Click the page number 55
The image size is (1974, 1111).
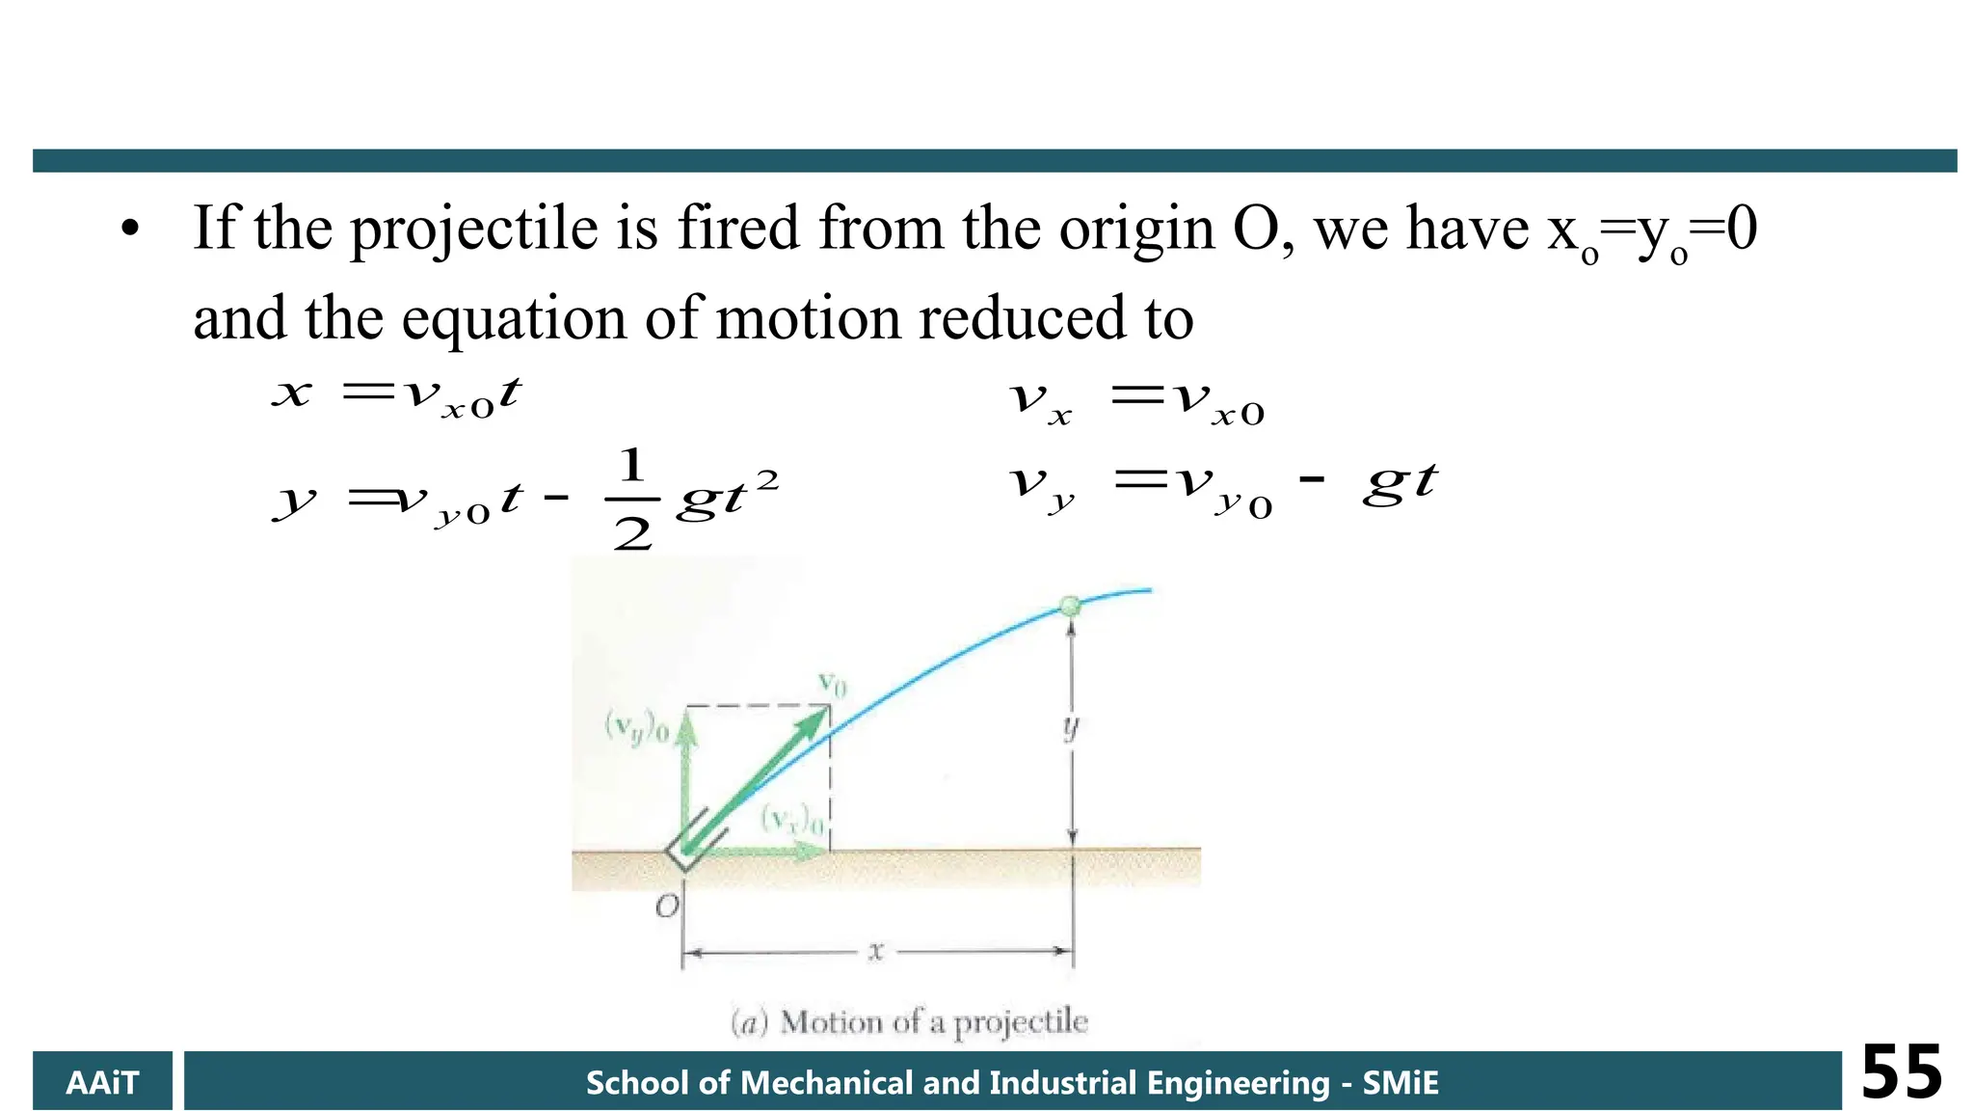pos(1901,1072)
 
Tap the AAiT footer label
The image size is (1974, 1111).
pos(102,1082)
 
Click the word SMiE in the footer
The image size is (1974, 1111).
pos(1400,1083)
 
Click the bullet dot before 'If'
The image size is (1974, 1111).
pos(130,230)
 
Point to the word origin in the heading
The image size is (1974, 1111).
pos(1136,231)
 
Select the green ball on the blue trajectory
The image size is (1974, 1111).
pos(1069,606)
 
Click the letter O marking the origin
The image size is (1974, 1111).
pos(667,907)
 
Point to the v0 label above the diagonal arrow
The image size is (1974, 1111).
pos(832,684)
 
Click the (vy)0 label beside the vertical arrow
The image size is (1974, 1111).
pos(635,726)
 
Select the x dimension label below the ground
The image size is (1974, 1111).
pos(875,952)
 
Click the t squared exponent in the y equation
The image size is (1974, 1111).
pos(767,479)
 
